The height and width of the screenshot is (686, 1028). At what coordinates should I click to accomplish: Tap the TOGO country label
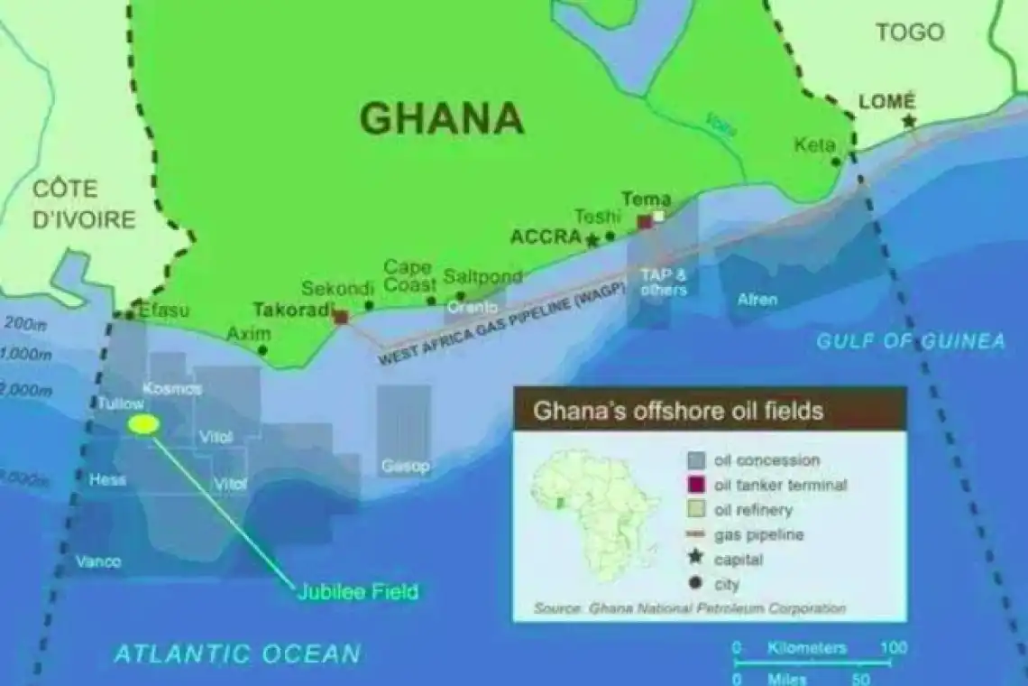(x=910, y=32)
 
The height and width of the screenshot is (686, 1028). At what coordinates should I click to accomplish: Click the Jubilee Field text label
(x=358, y=592)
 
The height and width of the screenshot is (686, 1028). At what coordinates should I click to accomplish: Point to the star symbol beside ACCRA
(x=592, y=240)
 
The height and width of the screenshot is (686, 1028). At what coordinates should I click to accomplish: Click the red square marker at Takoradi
(x=341, y=317)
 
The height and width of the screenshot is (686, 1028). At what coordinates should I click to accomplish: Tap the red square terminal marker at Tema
(x=645, y=221)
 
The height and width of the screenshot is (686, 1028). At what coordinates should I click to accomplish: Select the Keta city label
(x=813, y=145)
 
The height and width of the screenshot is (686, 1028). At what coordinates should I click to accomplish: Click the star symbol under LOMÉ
(x=908, y=121)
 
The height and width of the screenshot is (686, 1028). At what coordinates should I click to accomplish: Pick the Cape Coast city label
(x=407, y=275)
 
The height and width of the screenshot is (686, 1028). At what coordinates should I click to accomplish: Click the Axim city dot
(x=262, y=349)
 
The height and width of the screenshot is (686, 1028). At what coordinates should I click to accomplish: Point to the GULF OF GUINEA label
(x=910, y=341)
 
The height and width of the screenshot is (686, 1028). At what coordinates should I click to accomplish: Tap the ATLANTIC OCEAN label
(x=237, y=654)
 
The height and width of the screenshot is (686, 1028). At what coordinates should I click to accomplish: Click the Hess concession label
(x=107, y=480)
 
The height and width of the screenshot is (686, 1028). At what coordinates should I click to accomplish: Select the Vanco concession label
(x=98, y=561)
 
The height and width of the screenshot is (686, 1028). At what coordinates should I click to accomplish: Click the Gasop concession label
(x=404, y=467)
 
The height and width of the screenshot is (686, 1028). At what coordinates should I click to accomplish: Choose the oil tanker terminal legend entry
(x=779, y=485)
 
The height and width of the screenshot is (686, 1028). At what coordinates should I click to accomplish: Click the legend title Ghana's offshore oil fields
(x=678, y=411)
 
